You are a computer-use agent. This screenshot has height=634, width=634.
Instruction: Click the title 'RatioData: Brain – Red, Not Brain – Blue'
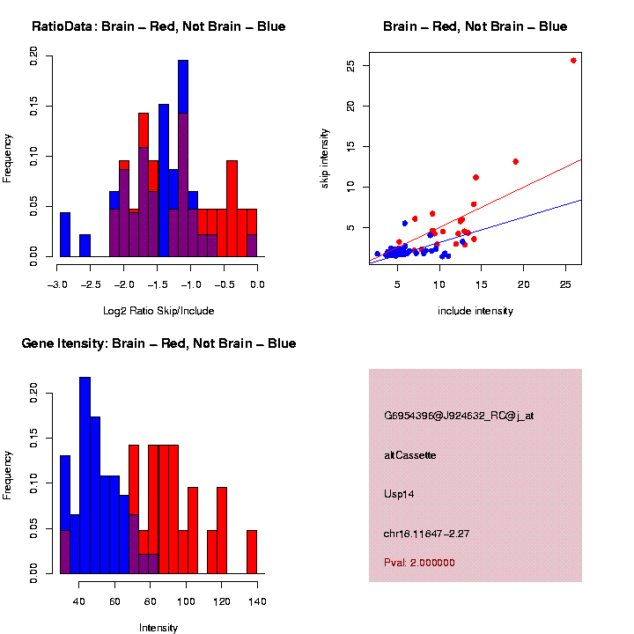click(x=158, y=26)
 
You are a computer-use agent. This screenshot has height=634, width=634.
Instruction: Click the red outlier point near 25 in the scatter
click(x=573, y=61)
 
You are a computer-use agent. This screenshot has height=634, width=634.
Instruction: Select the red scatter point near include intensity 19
click(x=516, y=161)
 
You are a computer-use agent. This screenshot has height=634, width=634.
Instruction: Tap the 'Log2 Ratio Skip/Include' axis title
click(x=158, y=311)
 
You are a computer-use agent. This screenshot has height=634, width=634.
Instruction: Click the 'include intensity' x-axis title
click(x=475, y=311)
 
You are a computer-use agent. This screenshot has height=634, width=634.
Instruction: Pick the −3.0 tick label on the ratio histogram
click(x=57, y=284)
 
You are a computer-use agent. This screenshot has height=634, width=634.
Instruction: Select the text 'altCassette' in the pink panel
click(x=409, y=455)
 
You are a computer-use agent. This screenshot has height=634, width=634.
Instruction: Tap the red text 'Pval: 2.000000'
click(x=418, y=563)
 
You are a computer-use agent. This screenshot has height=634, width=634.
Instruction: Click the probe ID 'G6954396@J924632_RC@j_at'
click(x=458, y=416)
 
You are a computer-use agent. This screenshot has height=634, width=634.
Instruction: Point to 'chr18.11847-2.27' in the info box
click(x=424, y=534)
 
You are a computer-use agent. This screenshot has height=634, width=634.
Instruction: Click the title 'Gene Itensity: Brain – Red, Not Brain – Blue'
click(x=158, y=343)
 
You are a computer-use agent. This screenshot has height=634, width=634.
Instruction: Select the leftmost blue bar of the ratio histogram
click(x=65, y=234)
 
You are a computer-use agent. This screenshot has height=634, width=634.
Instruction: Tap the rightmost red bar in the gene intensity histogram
click(x=252, y=551)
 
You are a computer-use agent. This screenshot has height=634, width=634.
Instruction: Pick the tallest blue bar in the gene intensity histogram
click(x=85, y=475)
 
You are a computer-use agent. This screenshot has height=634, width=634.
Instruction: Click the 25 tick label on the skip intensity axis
click(x=350, y=66)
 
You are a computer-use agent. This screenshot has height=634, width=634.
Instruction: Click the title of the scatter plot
click(x=475, y=26)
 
